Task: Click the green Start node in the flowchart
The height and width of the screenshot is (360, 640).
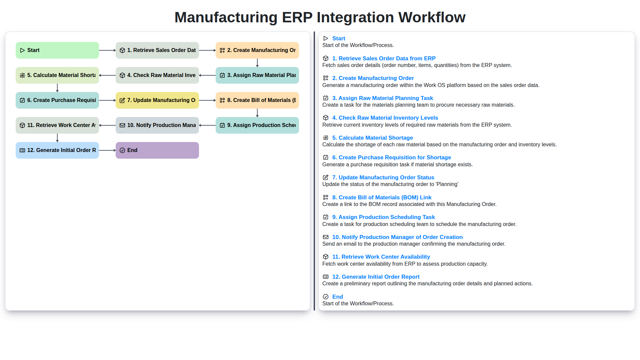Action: pos(57,50)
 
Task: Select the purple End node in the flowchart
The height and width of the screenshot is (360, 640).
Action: pos(157,150)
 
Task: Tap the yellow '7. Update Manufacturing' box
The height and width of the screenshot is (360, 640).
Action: pos(157,100)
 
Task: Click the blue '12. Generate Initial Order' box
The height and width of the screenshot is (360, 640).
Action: pos(57,150)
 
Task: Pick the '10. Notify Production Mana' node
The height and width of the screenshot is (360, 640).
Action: pos(157,125)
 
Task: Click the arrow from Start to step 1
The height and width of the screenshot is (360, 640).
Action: pos(107,50)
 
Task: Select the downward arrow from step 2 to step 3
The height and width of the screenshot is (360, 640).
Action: pos(257,63)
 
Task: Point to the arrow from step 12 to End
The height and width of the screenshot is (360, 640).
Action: pos(107,150)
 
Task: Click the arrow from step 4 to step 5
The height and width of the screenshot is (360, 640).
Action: pos(107,75)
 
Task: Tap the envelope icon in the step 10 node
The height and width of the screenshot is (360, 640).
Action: pos(122,125)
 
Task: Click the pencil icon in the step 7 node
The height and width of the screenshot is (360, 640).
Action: pos(122,100)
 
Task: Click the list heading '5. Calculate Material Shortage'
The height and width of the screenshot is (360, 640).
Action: pos(372,138)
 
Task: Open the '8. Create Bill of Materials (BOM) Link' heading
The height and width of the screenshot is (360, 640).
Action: pos(382,197)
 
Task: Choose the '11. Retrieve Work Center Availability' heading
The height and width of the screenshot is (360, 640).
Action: pos(381,257)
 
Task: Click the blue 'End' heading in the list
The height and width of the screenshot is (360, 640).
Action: pos(337,297)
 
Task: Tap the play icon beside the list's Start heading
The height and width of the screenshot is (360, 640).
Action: pos(326,38)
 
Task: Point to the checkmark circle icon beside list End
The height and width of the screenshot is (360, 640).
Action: pos(326,297)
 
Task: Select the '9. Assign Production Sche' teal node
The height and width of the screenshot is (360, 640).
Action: pos(257,125)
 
